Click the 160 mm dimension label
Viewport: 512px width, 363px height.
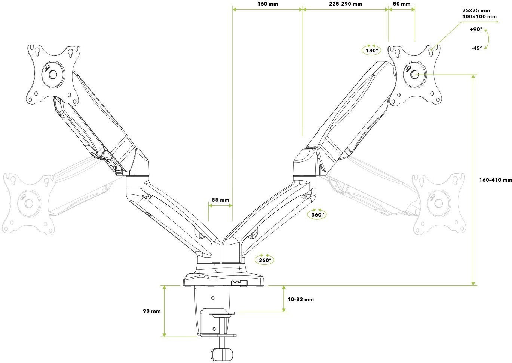267,4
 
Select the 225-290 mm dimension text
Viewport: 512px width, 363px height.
345,4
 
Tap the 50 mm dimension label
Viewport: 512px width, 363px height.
402,4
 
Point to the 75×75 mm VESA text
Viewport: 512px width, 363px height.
476,10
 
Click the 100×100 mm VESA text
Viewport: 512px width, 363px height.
479,16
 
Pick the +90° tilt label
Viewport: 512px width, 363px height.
476,30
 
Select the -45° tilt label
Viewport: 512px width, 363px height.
476,48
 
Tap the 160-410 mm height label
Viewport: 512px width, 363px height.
495,180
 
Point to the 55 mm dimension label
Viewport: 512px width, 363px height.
220,200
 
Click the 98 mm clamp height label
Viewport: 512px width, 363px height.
151,311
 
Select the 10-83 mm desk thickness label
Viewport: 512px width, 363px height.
301,299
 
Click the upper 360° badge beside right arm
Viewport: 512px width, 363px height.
317,214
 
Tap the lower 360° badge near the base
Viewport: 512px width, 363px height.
264,260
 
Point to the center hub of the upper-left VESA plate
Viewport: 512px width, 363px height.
53,74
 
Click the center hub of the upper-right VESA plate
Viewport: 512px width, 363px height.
414,74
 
